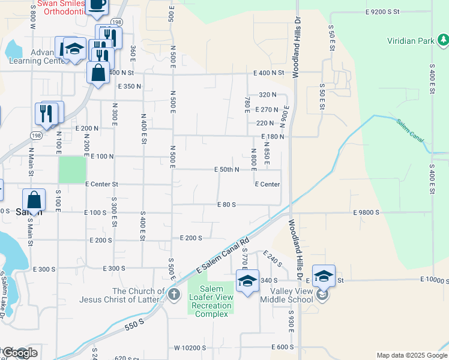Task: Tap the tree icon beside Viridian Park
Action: tap(443, 40)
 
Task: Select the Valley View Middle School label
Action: tap(286, 295)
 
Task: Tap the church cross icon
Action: tap(173, 294)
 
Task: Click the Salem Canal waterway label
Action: tap(410, 131)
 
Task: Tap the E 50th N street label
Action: tap(226, 170)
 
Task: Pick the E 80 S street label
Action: tap(226, 205)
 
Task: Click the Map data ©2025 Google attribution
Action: tap(412, 355)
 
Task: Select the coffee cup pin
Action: tap(97, 5)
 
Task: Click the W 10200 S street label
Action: tap(191, 348)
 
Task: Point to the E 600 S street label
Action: tap(282, 347)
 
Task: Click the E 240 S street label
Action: tap(272, 259)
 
